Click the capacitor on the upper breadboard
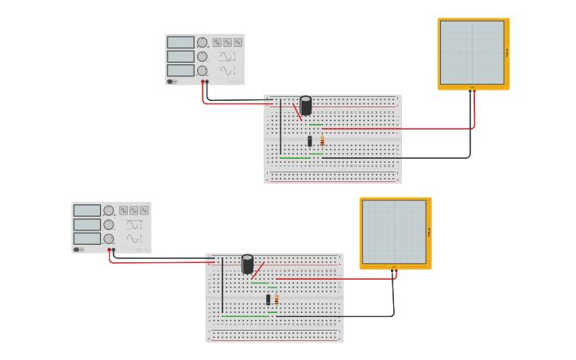[306, 105]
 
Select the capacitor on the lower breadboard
[248, 263]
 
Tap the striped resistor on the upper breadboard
[322, 141]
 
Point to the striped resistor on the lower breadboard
[276, 300]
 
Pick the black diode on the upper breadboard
[310, 141]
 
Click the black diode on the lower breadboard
[269, 300]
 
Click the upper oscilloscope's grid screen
[472, 52]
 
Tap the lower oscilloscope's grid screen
[394, 231]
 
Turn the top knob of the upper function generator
[202, 42]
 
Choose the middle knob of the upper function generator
[202, 56]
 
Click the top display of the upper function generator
[180, 42]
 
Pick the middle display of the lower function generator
[87, 225]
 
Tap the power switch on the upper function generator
[171, 81]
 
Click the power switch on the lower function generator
[78, 250]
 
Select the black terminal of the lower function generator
[114, 250]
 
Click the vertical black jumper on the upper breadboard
[280, 127]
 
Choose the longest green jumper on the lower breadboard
[244, 315]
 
